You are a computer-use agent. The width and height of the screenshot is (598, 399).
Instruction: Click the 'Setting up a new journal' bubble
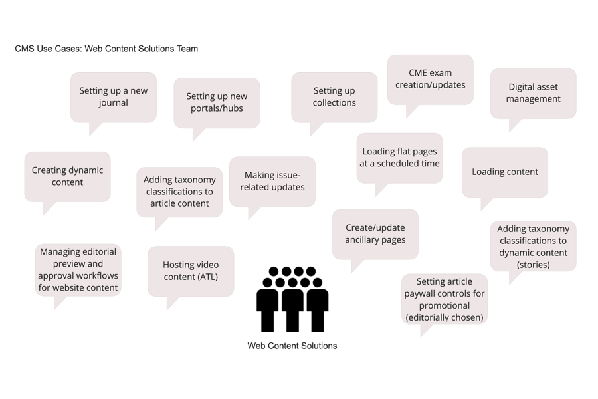pos(114,97)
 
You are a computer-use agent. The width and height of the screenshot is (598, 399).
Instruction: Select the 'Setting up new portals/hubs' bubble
pos(217,102)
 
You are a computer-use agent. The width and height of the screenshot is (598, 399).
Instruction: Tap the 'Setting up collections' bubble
pos(334,97)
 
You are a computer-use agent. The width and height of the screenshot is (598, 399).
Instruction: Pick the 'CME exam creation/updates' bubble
pos(430,79)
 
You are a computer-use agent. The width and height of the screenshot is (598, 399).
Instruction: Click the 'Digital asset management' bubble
pos(533,93)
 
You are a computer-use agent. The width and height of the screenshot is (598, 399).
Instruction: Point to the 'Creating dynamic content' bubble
pos(67,176)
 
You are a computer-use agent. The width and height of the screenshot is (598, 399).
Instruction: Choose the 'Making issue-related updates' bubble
pos(272,182)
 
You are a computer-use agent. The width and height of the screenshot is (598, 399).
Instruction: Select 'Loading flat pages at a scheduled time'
pos(399,158)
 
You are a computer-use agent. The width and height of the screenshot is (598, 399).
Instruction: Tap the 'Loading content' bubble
pos(505,172)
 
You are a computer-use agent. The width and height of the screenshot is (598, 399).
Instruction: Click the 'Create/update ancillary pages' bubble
pos(375,234)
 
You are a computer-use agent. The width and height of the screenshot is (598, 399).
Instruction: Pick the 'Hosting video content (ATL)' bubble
pos(191,271)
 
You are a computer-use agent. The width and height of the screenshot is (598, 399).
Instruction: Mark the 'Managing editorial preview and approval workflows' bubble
pos(78,270)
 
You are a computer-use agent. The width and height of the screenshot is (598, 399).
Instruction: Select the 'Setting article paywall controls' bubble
pos(444,300)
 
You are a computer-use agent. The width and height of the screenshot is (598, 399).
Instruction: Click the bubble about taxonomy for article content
pos(179,192)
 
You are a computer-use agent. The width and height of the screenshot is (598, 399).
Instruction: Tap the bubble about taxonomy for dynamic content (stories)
pos(533,246)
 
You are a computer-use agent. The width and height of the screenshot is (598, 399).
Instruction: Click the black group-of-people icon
pos(292,299)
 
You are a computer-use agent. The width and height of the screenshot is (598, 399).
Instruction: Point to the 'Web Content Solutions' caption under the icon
pos(292,346)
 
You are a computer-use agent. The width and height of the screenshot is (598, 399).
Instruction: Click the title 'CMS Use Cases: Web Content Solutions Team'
pos(106,49)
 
